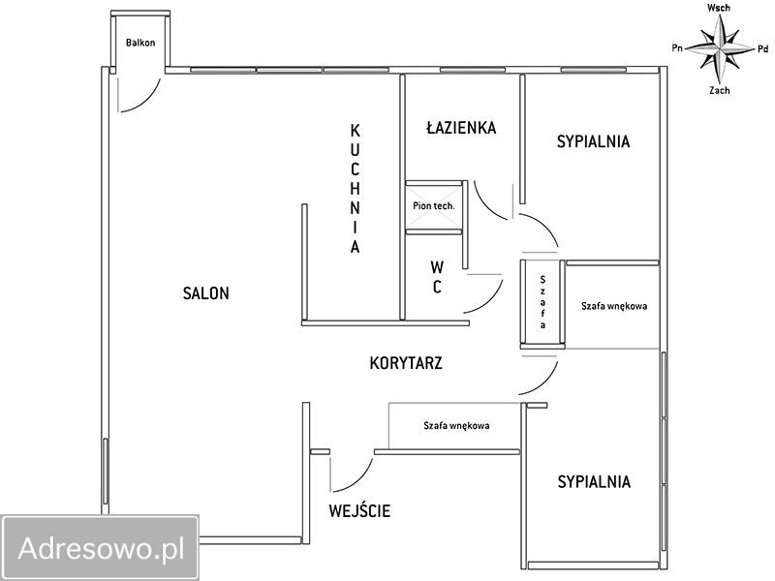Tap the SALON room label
[x=206, y=293]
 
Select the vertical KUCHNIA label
[x=356, y=189]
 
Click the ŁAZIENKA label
[x=461, y=128]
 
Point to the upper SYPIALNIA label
[x=593, y=141]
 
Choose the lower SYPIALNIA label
[x=594, y=481]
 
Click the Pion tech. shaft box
[x=434, y=206]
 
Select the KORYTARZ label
[x=407, y=364]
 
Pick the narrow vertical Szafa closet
[x=543, y=301]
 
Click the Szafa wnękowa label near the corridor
[x=455, y=425]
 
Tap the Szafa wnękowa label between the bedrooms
[x=614, y=306]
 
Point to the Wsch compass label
[x=719, y=8]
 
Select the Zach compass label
[x=719, y=90]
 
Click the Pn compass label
[x=678, y=46]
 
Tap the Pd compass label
[x=762, y=47]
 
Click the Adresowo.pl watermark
[x=101, y=548]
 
